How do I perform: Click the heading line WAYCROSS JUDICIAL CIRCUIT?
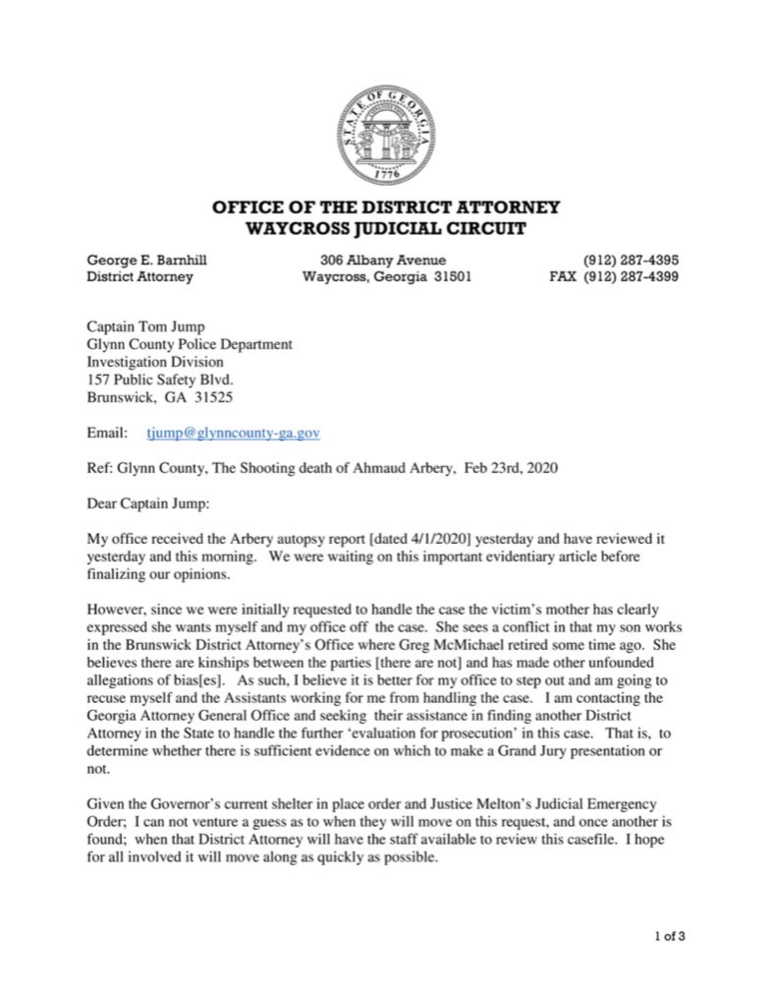click(386, 229)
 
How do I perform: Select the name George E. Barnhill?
click(148, 261)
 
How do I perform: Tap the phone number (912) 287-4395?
click(631, 261)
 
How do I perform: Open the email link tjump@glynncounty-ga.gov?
click(233, 433)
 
